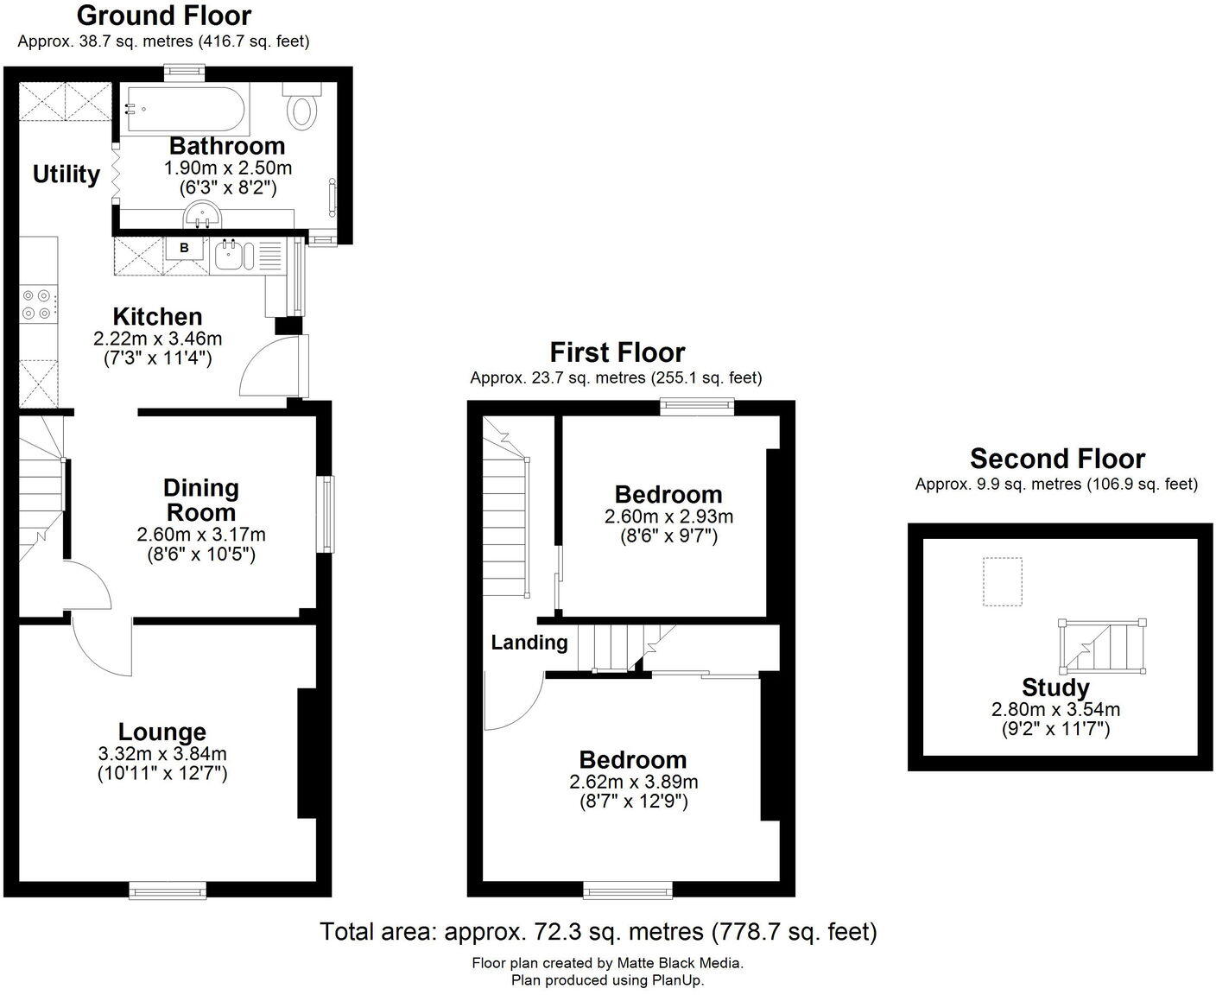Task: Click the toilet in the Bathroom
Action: pos(302,107)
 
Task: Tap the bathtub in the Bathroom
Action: pos(183,109)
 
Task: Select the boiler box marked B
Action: pos(184,248)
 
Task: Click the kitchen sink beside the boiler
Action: pos(229,254)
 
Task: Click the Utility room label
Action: pos(66,174)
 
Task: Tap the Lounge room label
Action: pos(162,732)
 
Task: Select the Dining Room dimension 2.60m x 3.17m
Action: pos(201,535)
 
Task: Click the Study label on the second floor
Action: pos(1055,688)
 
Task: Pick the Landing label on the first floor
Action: pos(529,643)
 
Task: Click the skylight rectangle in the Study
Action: pos(1003,581)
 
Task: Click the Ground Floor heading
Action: pos(164,16)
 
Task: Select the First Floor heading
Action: pos(617,352)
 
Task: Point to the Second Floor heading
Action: pos(1057,459)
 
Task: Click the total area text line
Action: pos(598,932)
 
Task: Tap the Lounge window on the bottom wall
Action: pos(168,889)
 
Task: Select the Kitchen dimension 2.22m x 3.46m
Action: pos(158,338)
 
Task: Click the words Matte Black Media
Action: pos(680,963)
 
